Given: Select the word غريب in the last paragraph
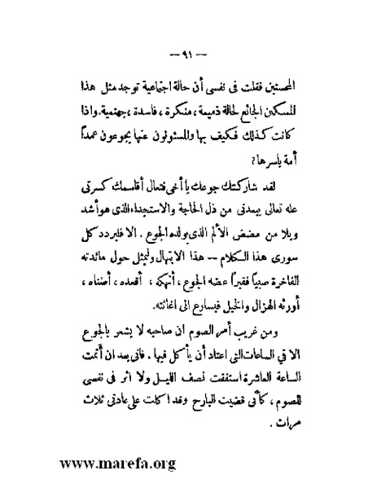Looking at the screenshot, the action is [x=260, y=334].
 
